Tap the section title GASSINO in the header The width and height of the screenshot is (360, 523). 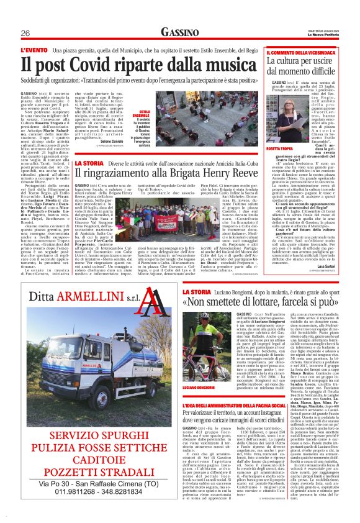[179, 32]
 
